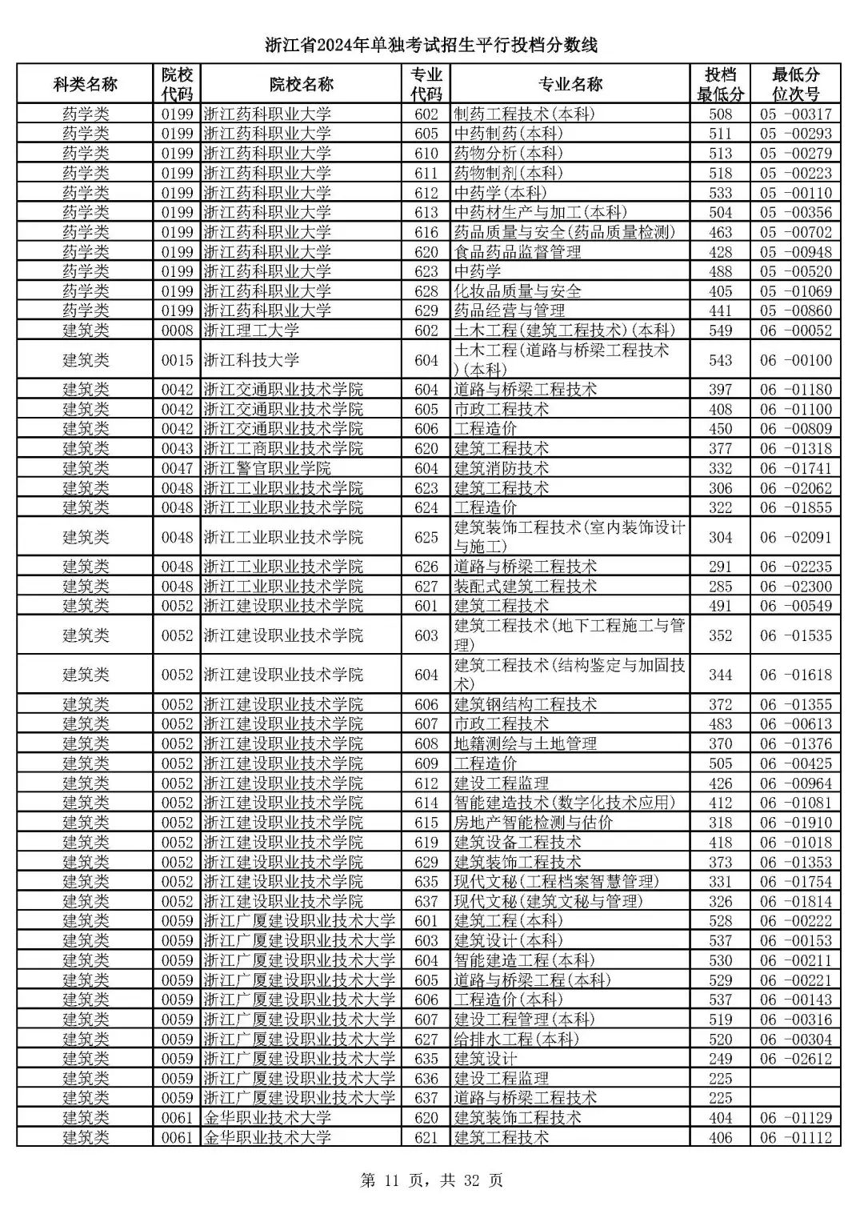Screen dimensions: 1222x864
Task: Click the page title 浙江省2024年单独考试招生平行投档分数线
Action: click(x=431, y=45)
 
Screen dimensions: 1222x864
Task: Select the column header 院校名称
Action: click(x=301, y=84)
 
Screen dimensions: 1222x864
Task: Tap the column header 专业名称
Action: click(x=570, y=84)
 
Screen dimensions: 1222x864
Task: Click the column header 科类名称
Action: click(x=85, y=84)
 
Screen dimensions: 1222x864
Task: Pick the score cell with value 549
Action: click(x=720, y=331)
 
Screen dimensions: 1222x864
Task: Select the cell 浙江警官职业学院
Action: click(x=267, y=468)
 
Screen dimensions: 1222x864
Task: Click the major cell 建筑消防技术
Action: click(x=502, y=468)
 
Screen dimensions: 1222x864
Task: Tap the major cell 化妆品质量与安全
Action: click(x=518, y=291)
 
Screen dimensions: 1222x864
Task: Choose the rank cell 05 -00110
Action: click(x=795, y=193)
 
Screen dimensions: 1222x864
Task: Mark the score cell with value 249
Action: click(x=720, y=1059)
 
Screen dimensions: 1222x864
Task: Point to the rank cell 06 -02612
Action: click(x=795, y=1059)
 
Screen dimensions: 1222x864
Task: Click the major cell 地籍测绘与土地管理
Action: click(x=526, y=743)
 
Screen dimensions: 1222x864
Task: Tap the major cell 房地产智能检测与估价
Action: click(x=534, y=823)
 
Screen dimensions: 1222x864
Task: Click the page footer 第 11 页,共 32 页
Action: click(x=432, y=1180)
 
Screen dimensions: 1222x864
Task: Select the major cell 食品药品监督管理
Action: click(x=518, y=252)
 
